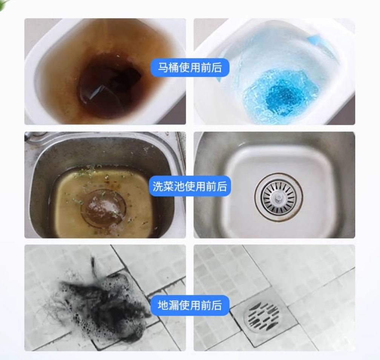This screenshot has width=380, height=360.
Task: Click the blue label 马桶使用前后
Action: pos(190,67)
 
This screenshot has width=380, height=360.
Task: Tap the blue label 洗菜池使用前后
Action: pos(190,186)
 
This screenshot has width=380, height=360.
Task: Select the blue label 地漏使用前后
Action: pos(190,305)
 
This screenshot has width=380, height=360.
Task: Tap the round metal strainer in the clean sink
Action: pos(279,197)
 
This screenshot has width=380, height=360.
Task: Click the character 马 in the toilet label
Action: pos(163,67)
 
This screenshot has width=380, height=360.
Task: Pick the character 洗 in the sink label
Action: pos(158,186)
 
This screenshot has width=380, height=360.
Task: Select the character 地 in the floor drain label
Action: pos(163,305)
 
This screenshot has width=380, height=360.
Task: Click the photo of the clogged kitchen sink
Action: pos(105,185)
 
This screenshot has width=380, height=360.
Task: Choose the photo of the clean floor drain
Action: pos(274,298)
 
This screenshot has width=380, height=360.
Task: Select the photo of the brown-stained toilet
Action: pos(105,72)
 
